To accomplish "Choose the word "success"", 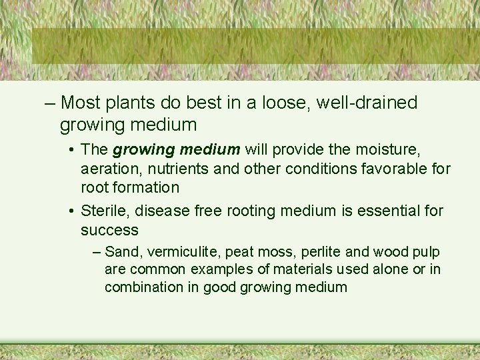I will point(109,230).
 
